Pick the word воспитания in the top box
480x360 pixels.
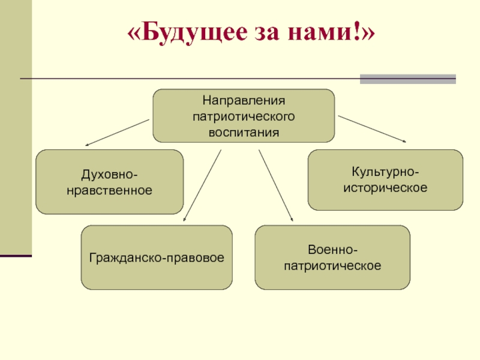pos(244,131)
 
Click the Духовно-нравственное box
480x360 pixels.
pos(109,182)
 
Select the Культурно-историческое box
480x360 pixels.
pos(385,180)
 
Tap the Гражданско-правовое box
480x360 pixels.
pos(157,257)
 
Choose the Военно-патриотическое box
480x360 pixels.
pos(332,257)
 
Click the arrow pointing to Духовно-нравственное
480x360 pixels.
pos(117,133)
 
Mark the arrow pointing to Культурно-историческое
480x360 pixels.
pos(372,128)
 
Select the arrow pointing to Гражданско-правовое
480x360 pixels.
pos(202,186)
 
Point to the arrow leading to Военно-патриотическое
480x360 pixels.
pos(276,186)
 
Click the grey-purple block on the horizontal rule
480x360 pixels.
pos(407,79)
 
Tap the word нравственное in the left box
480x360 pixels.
pos(109,190)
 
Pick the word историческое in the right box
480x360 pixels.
pos(385,188)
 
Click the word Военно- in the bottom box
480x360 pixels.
pos(332,250)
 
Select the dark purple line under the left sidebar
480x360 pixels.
pos(16,256)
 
